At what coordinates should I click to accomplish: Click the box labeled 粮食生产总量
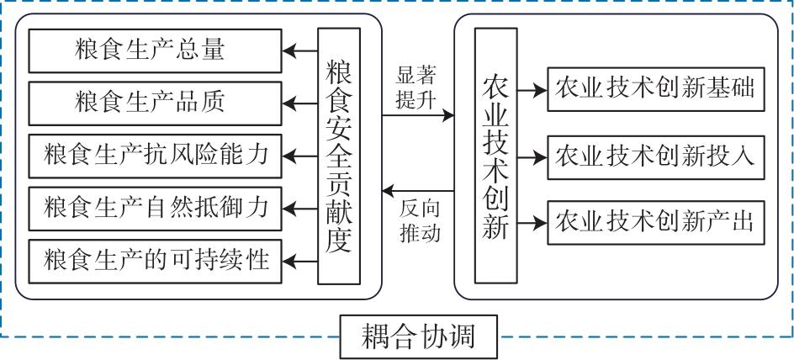[156, 50]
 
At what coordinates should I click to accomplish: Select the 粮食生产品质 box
[156, 103]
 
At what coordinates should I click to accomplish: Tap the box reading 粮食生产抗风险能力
[156, 155]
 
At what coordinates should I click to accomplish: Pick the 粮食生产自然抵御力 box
[156, 207]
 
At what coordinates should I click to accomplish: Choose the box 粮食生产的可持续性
[156, 260]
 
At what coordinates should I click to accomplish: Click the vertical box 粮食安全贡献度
[339, 155]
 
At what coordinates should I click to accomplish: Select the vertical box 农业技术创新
[495, 156]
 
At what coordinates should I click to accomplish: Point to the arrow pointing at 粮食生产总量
[300, 50]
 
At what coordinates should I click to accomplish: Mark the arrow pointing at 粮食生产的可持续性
[300, 260]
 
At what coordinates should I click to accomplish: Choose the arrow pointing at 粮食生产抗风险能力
[300, 155]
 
